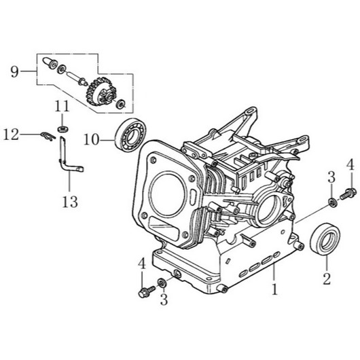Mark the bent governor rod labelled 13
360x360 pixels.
point(66,156)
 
